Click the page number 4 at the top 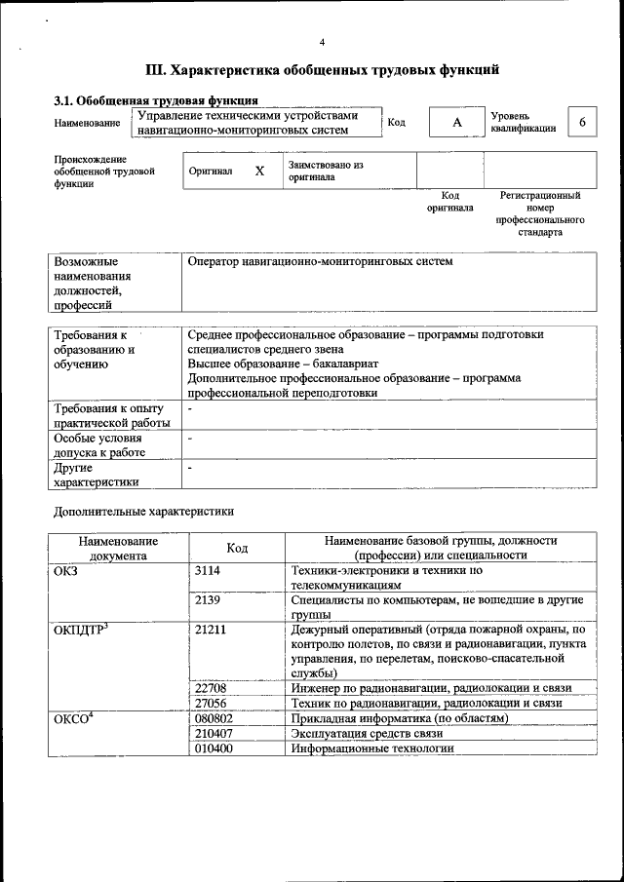coord(321,42)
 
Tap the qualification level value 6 coord(582,123)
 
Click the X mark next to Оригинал coord(259,172)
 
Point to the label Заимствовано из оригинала coord(325,172)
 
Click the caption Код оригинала coord(449,202)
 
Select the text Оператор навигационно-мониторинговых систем coord(320,262)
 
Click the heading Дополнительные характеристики coord(143,511)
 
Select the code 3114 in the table coord(209,572)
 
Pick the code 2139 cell coord(209,601)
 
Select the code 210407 coord(214,734)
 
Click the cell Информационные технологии coord(372,748)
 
